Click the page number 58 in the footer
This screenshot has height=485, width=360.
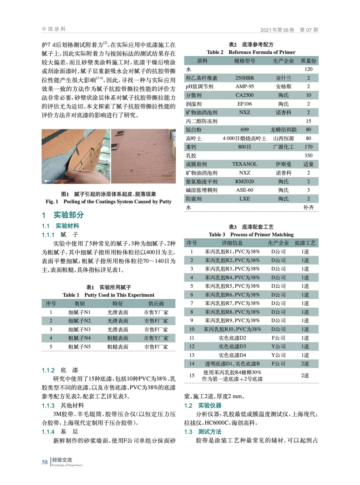point(45,462)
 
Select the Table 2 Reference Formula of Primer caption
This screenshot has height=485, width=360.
point(251,52)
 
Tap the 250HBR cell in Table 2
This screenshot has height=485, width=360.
point(244,78)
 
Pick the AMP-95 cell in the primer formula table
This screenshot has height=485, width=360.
point(244,86)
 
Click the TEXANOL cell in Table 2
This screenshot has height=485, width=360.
point(244,164)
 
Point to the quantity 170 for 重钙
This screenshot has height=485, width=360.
point(308,147)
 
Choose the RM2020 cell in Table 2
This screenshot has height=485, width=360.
point(244,181)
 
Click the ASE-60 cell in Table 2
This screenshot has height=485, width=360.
point(244,190)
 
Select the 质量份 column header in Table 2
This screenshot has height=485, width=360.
point(308,61)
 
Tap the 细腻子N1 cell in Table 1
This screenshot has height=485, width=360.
point(79,312)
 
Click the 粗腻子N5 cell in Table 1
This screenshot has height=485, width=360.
point(79,346)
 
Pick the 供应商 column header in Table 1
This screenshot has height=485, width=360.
point(156,303)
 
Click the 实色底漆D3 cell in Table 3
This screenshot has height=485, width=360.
point(232,346)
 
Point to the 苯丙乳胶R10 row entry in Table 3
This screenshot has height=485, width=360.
point(232,329)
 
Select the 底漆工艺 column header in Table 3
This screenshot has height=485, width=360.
point(305,243)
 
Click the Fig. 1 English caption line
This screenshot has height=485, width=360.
point(109,202)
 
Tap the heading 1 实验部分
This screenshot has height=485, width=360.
point(63,215)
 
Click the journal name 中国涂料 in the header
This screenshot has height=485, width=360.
point(54,29)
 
